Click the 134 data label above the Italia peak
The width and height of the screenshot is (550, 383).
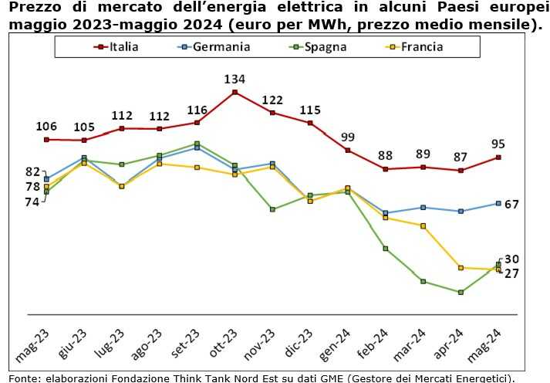(x=235, y=80)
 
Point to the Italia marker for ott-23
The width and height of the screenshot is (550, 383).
(x=235, y=93)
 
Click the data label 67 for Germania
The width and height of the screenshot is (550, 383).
(x=511, y=204)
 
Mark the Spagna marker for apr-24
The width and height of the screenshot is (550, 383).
(x=461, y=292)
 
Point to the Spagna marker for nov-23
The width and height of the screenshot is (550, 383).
(x=272, y=209)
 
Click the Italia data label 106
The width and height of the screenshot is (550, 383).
(x=46, y=127)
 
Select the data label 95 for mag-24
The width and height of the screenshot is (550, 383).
(x=498, y=143)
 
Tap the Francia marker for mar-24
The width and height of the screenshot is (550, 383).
(x=423, y=225)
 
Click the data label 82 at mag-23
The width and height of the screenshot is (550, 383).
(x=32, y=171)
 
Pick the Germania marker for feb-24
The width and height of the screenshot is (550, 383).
(x=386, y=213)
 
